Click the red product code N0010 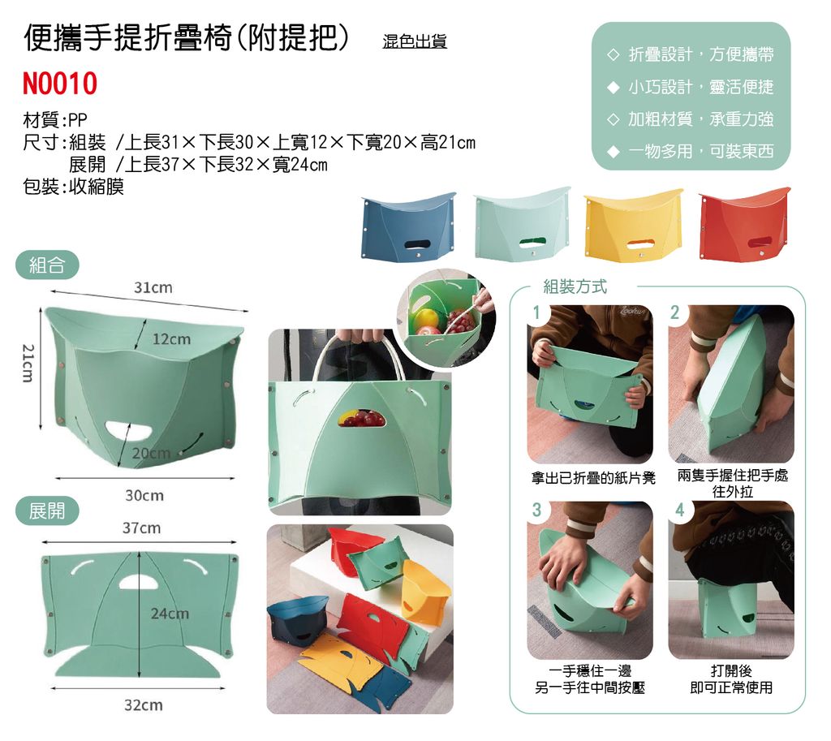click(60, 84)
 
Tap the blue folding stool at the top click(407, 226)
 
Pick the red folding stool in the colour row click(744, 224)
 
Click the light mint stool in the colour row click(522, 224)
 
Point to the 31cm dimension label click(153, 288)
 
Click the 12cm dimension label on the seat click(171, 339)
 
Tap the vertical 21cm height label click(28, 363)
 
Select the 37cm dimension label click(141, 528)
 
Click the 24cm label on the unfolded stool click(170, 614)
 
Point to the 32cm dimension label click(144, 705)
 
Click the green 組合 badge click(47, 265)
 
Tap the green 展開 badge click(47, 511)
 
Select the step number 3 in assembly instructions click(536, 511)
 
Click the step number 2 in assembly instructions click(674, 312)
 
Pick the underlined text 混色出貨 click(415, 41)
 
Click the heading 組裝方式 click(575, 286)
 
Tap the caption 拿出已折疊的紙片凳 click(593, 478)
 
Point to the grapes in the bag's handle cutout click(363, 418)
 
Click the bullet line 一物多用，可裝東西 click(701, 152)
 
